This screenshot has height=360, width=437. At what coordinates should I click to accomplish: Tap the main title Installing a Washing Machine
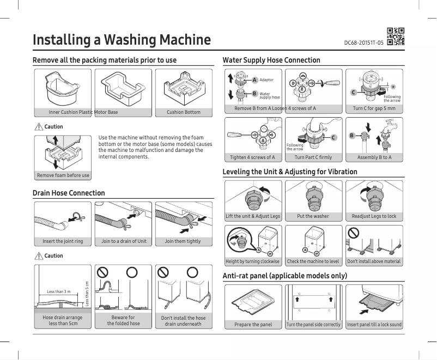(122, 40)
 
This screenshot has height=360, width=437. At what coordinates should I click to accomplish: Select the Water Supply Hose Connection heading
(271, 60)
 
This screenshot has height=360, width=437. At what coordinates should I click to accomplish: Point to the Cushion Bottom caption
(183, 112)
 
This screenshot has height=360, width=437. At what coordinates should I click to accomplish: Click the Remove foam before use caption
(63, 175)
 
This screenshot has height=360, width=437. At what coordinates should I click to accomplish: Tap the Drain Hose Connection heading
(69, 193)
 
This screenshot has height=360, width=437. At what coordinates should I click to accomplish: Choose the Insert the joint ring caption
(63, 241)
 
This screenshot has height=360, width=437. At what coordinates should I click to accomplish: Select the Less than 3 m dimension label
(58, 292)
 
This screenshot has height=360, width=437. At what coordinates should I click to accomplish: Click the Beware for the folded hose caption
(123, 320)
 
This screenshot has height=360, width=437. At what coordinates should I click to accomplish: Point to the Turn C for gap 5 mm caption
(374, 108)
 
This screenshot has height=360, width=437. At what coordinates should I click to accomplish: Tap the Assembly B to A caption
(374, 157)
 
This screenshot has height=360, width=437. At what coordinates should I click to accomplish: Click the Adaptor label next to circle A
(266, 80)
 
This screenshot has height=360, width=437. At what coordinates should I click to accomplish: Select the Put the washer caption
(313, 216)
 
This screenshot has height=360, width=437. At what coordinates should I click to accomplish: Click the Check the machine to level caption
(313, 261)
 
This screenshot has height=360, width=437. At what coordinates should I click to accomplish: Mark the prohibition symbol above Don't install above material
(354, 233)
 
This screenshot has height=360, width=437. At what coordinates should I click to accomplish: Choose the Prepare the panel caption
(254, 325)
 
